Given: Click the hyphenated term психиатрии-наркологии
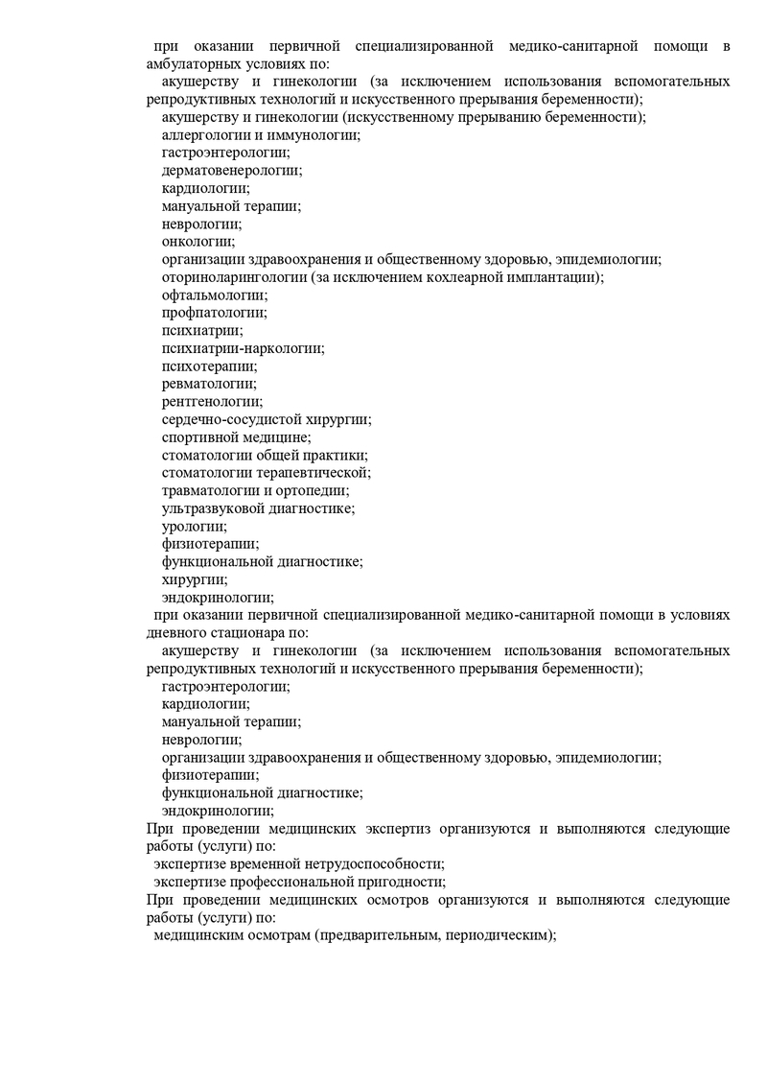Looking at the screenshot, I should pyautogui.click(x=243, y=348).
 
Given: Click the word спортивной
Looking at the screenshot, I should pyautogui.click(x=198, y=436).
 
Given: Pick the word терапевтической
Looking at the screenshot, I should pyautogui.click(x=311, y=472).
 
